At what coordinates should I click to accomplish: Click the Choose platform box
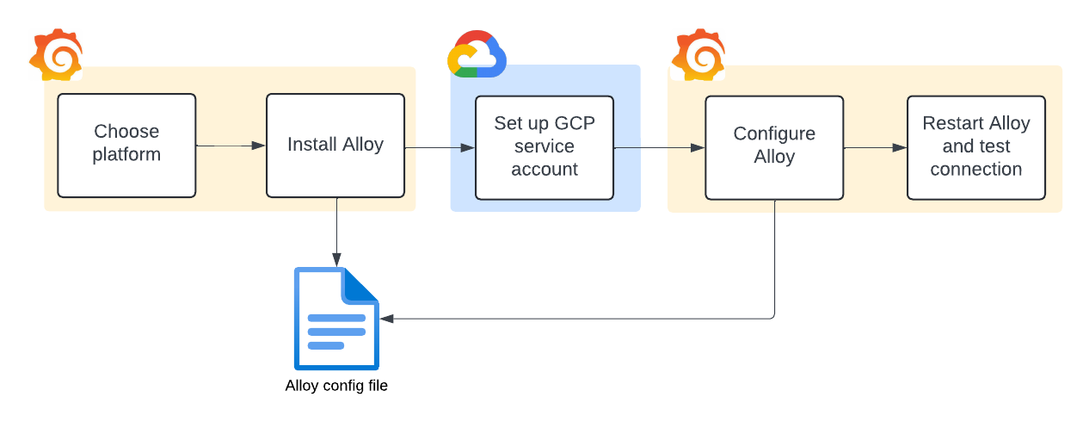[126, 146]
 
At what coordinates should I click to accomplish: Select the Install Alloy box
[335, 146]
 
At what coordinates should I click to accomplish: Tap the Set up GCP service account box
[545, 147]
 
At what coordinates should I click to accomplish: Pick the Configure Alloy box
[774, 147]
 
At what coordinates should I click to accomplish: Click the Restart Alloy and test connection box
[976, 147]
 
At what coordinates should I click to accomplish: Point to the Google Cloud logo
[477, 54]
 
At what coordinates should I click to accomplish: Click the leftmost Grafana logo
[57, 55]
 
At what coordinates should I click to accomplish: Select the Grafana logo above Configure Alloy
[698, 55]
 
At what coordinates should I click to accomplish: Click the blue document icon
[336, 318]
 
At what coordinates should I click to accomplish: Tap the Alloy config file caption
[336, 386]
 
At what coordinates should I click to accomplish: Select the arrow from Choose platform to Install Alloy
[231, 146]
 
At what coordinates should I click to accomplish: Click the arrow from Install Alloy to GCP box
[440, 147]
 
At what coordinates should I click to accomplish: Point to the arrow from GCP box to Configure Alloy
[659, 147]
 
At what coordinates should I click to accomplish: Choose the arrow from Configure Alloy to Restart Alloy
[875, 147]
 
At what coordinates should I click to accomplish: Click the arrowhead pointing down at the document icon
[336, 258]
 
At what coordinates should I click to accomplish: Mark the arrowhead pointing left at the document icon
[387, 319]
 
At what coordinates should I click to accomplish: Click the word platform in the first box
[126, 155]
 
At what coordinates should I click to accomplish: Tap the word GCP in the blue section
[572, 123]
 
